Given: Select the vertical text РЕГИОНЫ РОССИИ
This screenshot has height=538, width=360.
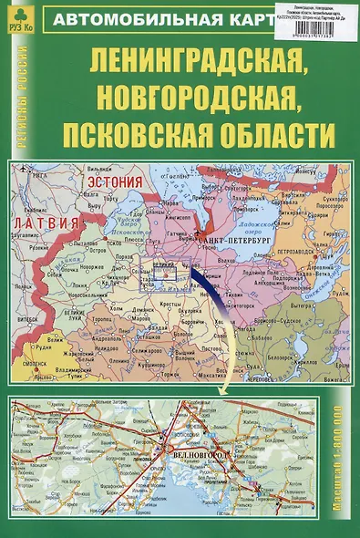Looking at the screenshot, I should point(21,99).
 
